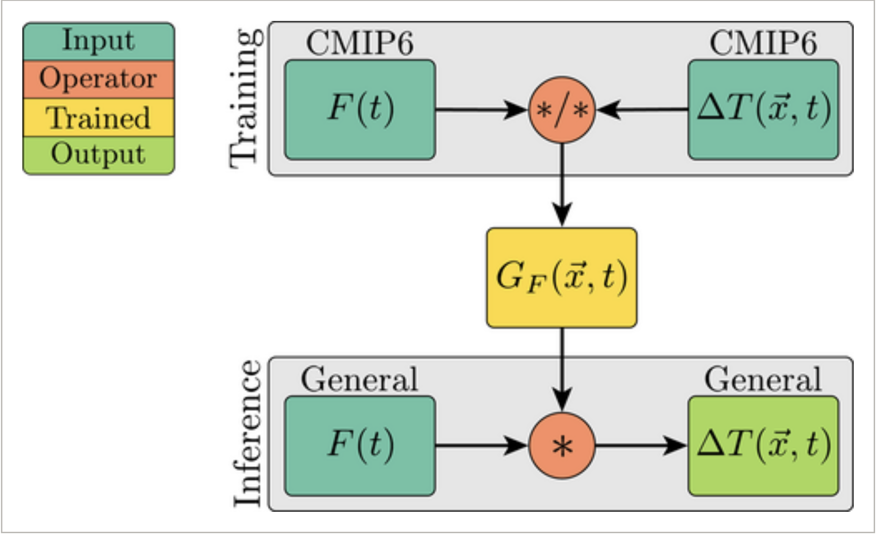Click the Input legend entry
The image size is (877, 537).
[x=99, y=41]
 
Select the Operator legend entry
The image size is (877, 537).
[x=99, y=79]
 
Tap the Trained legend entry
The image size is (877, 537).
[x=99, y=117]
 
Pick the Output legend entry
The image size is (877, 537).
[x=99, y=155]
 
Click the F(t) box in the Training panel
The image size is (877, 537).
[x=360, y=109]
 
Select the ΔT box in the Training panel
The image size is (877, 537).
[x=763, y=109]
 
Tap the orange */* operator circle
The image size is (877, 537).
[x=562, y=110]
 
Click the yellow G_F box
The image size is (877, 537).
[x=562, y=278]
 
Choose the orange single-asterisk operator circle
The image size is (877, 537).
[x=562, y=446]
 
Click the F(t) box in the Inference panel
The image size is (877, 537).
[x=360, y=446]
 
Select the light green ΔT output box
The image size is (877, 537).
[x=763, y=446]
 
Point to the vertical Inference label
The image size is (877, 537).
[x=247, y=433]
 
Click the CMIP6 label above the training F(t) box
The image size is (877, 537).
[x=360, y=43]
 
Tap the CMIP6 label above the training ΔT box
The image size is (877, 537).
[x=763, y=43]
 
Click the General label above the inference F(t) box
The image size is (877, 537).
[x=360, y=380]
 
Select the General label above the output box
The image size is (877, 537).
[x=763, y=380]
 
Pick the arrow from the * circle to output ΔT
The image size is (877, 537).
[x=639, y=446]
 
